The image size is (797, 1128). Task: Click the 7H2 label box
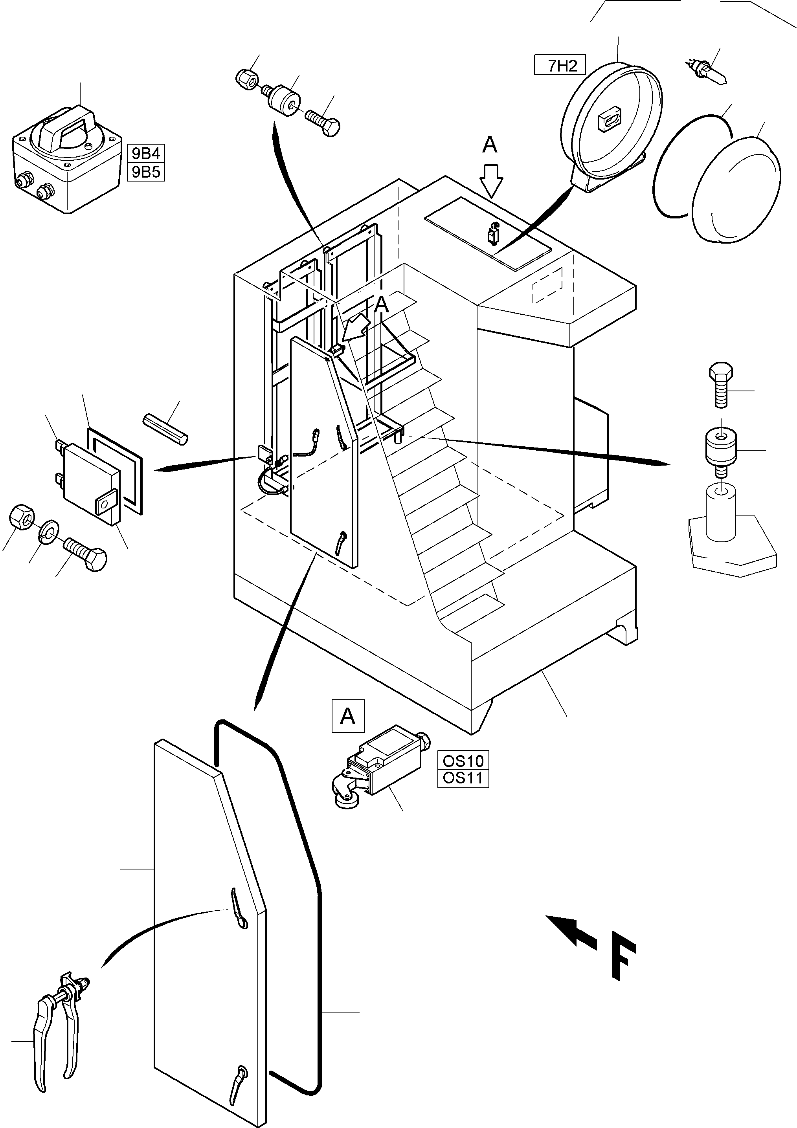click(560, 65)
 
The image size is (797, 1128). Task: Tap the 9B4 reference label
click(146, 154)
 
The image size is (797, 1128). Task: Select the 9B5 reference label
click(146, 172)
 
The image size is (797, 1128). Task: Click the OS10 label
click(463, 761)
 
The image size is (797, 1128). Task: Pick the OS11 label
click(463, 778)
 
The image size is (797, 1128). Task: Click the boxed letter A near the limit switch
click(348, 716)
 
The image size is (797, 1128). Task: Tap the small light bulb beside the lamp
click(707, 71)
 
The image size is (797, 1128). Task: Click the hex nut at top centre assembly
click(245, 79)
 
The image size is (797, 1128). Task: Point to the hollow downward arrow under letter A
click(491, 181)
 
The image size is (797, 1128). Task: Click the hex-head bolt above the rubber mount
click(720, 385)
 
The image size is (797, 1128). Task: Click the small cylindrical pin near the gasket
click(165, 430)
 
